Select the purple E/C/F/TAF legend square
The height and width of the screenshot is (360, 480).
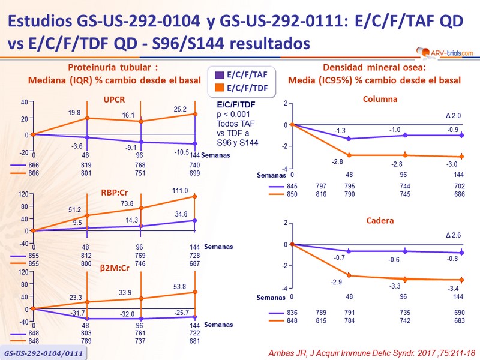pos(218,76)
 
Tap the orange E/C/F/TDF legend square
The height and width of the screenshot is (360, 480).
pos(218,89)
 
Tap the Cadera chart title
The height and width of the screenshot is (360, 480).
pos(380,221)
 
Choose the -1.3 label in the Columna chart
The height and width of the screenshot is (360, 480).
pos(339,131)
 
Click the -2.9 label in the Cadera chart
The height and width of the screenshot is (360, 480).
pos(336,281)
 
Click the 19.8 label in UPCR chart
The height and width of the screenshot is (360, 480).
pos(74,112)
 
